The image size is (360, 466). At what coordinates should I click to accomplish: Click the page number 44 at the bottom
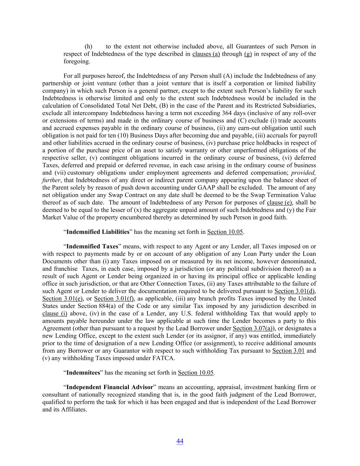[x=180, y=441]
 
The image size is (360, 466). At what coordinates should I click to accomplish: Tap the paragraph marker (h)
[x=88, y=46]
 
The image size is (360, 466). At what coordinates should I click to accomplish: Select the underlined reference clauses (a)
[x=206, y=54]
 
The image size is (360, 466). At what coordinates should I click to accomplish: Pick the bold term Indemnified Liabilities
[x=98, y=232]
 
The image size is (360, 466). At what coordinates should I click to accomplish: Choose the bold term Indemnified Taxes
[x=92, y=246]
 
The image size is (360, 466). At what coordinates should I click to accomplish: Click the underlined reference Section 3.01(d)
[x=295, y=291]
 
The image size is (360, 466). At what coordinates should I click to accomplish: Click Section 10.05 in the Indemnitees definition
[x=196, y=372]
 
